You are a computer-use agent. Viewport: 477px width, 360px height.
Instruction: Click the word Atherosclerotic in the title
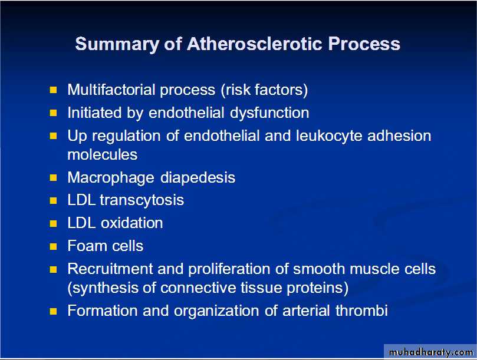tap(254, 44)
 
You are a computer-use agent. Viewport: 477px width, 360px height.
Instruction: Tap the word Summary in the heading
tap(117, 44)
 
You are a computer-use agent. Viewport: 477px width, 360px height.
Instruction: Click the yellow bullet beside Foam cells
tap(53, 246)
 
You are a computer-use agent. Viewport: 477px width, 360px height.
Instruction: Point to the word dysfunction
tap(269, 113)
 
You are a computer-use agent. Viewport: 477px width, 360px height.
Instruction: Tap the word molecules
tap(103, 155)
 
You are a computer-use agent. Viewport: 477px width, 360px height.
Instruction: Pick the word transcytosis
tap(142, 200)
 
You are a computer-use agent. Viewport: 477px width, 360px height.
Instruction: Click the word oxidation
tap(131, 223)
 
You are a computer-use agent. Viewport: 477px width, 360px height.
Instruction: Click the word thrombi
tap(361, 311)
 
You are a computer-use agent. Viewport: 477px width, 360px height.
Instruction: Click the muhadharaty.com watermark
tap(431, 352)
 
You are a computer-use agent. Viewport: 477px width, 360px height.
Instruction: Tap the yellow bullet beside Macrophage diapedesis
tap(53, 177)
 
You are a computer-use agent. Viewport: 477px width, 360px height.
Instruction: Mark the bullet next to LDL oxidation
tap(53, 223)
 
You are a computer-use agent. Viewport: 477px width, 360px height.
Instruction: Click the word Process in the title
tap(364, 44)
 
